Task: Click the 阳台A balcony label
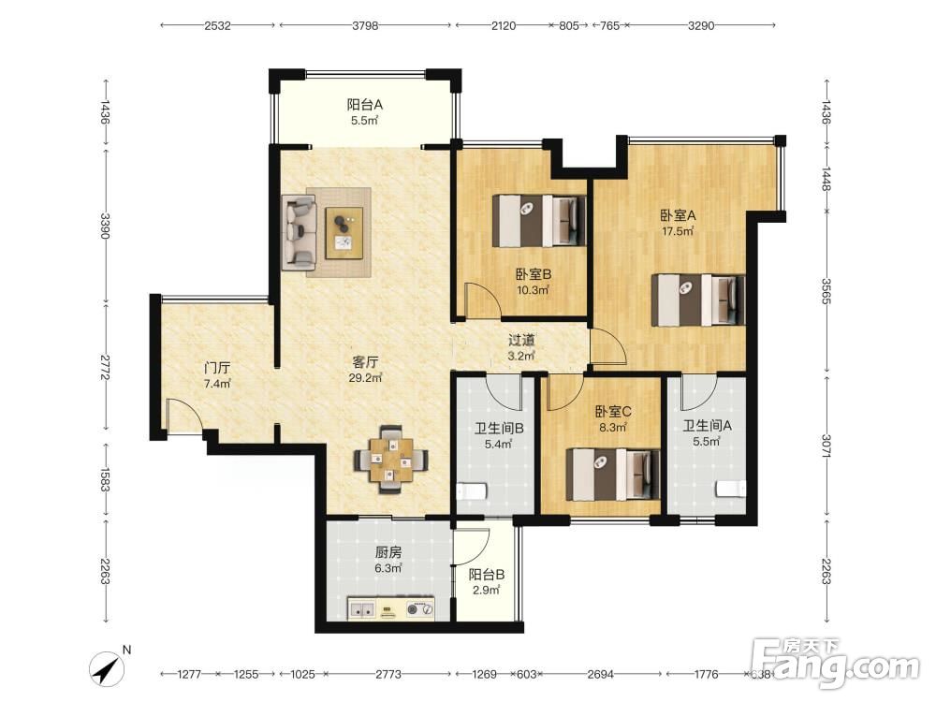[365, 105]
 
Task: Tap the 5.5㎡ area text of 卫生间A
[706, 442]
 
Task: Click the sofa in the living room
[300, 233]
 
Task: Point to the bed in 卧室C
[612, 475]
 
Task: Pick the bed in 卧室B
[539, 221]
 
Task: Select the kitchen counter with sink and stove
[391, 608]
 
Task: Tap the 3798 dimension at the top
[365, 25]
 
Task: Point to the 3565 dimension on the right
[826, 291]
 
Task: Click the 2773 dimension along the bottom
[388, 674]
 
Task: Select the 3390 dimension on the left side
[106, 226]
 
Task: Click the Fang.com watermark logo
[836, 663]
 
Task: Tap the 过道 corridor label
[521, 341]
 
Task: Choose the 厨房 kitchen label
[388, 553]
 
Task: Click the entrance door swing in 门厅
[185, 415]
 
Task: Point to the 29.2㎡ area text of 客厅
[365, 378]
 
